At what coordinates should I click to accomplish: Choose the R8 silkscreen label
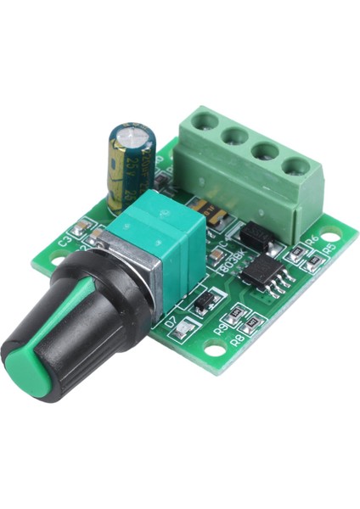[x=239, y=338]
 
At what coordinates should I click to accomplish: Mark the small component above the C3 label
[x=82, y=227]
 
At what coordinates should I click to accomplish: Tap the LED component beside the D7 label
[x=181, y=333]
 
